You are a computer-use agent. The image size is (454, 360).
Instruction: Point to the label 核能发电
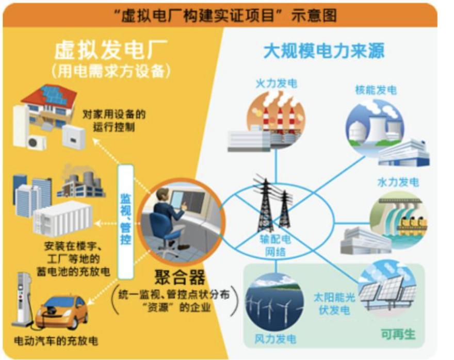click(376, 90)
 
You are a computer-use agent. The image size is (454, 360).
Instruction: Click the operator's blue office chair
click(164, 227)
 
